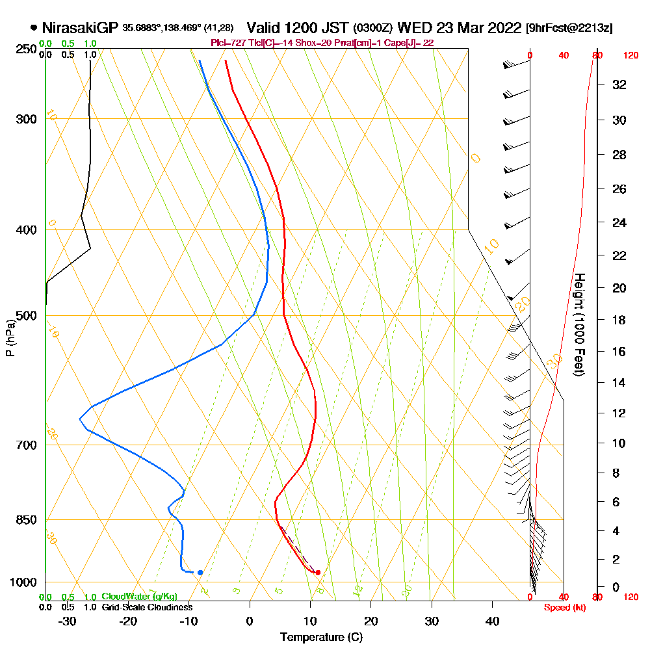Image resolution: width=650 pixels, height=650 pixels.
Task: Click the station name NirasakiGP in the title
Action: pos(80,28)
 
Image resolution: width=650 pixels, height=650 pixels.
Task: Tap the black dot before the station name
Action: pos(33,28)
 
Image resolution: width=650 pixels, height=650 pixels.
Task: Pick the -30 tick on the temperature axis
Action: pos(67,621)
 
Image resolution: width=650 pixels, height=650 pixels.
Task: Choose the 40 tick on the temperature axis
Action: pos(493,621)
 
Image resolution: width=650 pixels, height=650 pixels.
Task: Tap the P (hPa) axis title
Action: pos(10,337)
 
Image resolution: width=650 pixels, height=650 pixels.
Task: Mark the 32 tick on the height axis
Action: pos(619,84)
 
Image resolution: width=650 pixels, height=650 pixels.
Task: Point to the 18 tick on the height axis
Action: pos(619,320)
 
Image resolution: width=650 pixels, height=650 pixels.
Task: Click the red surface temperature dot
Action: pos(318,572)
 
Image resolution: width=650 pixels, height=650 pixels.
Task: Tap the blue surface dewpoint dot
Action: pos(200,572)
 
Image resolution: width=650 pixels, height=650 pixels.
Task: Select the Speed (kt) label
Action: pos(562,607)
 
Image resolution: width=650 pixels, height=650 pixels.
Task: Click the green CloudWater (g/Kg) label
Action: pos(139,597)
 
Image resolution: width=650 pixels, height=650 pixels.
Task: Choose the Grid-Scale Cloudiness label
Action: pos(146,607)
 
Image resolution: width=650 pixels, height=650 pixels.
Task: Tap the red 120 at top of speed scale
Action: pos(630,56)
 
